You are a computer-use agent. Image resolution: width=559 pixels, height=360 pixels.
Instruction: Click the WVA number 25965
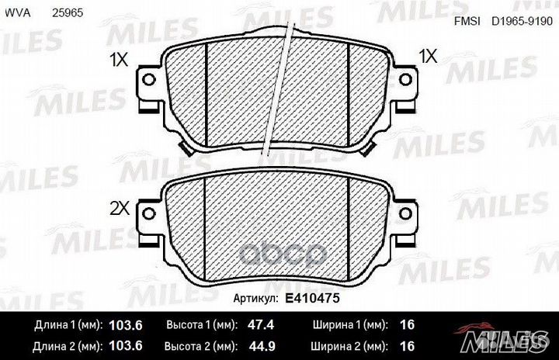[x=68, y=13]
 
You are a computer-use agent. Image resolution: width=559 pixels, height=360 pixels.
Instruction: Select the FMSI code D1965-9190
[x=522, y=22]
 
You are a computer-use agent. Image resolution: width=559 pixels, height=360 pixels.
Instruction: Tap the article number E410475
[x=312, y=298]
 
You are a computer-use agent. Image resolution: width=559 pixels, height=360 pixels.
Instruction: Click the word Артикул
[x=255, y=299]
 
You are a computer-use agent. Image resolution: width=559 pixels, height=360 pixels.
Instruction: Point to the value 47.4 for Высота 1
[x=261, y=325]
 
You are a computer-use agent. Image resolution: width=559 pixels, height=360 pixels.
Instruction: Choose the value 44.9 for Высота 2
[x=262, y=346]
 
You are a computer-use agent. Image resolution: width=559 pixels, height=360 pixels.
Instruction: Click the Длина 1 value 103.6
[x=126, y=325]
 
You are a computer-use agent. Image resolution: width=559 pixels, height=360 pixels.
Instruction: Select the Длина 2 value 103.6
[x=126, y=346]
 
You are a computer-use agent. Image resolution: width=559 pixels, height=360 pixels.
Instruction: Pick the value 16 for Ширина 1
[x=407, y=325]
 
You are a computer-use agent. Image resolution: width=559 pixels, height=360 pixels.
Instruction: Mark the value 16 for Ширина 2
[x=407, y=346]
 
